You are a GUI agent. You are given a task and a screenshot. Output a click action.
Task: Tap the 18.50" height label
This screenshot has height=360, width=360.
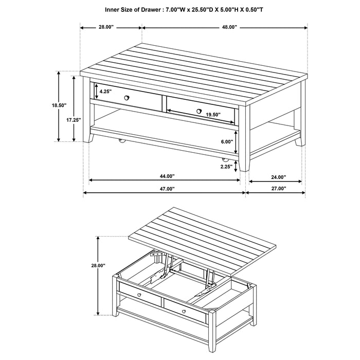[x=59, y=105]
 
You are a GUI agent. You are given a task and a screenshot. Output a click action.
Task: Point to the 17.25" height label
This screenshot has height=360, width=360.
[x=74, y=119]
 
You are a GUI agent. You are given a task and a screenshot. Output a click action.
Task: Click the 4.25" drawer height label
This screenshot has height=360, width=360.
[x=105, y=91]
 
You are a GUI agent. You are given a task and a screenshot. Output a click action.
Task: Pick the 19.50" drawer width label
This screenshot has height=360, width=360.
[x=212, y=115]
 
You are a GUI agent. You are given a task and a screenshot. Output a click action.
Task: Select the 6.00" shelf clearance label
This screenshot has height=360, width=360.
[x=227, y=141]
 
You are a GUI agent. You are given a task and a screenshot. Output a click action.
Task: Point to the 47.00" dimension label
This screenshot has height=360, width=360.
[x=164, y=189]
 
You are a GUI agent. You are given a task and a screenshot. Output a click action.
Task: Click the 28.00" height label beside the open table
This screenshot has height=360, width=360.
[x=98, y=266]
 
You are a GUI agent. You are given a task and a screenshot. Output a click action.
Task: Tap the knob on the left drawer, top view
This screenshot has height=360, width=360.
[x=127, y=97]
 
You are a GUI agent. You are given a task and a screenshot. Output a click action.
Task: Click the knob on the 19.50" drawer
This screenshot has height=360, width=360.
[x=199, y=110]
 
